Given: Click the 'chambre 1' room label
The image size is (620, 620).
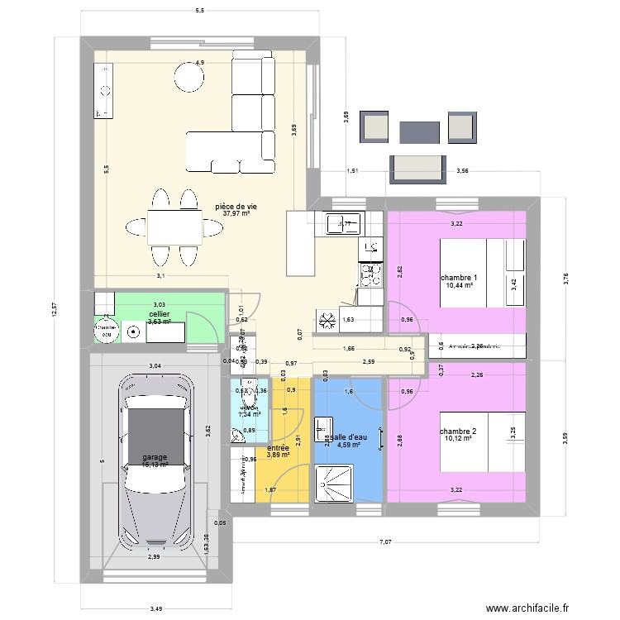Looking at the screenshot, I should click(x=458, y=277).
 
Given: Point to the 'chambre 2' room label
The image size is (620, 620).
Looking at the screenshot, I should click(x=458, y=431).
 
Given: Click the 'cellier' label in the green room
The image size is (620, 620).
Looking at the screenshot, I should click(x=160, y=314).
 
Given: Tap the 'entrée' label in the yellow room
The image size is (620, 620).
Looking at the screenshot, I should click(x=278, y=447).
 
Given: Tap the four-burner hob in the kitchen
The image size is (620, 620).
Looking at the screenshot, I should click(x=370, y=272).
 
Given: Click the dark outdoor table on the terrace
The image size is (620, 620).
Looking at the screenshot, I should click(x=419, y=131).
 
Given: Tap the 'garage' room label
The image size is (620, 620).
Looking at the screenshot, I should click(x=154, y=457).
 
